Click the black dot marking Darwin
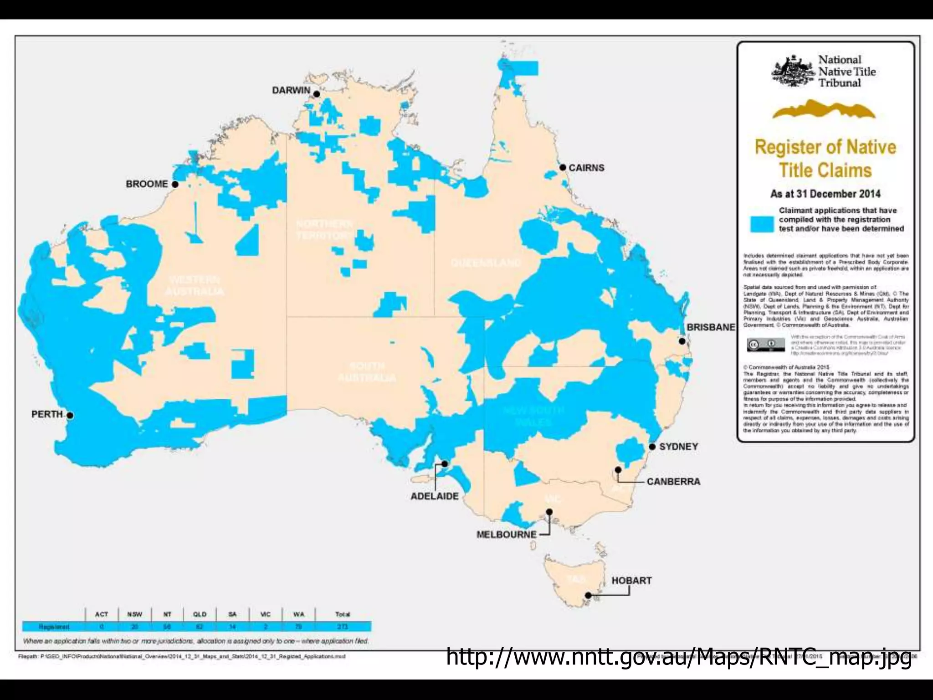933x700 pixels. point(317,94)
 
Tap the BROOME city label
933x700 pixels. point(147,184)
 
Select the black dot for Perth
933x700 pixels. point(70,415)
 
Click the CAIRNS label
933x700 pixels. point(586,168)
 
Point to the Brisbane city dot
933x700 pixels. point(682,341)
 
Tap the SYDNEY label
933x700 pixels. point(678,447)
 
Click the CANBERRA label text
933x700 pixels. point(673,482)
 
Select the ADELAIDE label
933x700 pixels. point(435,496)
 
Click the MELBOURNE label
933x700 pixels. point(506,535)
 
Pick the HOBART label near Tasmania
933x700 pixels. point(631,581)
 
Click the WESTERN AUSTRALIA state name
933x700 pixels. point(195,286)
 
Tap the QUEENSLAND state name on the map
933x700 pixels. point(486,263)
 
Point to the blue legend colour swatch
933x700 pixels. point(762,224)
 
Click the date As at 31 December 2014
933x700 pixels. point(825,194)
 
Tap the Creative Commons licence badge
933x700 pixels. point(766,345)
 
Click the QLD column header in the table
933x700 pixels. point(200,614)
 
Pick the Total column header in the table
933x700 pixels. point(343,614)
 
